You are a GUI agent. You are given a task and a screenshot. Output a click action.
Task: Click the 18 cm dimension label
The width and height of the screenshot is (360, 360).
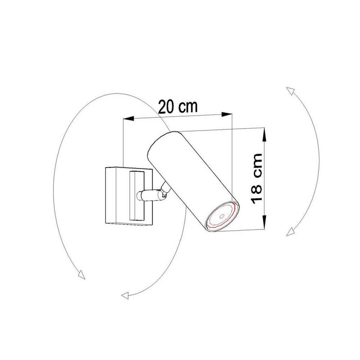click(257, 179)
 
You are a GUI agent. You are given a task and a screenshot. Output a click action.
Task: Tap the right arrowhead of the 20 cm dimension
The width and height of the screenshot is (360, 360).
click(227, 114)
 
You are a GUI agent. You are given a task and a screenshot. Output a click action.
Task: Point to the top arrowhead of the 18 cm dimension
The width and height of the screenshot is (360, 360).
click(264, 135)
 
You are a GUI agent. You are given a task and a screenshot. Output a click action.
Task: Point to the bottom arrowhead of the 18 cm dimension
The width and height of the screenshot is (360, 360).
click(264, 222)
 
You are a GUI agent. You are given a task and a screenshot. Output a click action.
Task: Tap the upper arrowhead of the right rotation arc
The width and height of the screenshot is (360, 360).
click(290, 91)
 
